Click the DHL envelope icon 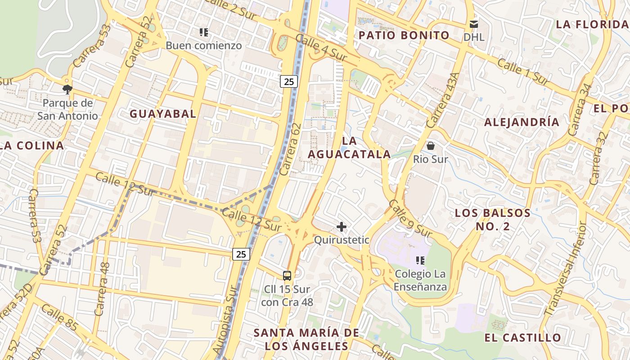(x=474, y=24)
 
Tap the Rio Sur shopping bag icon (x=431, y=146)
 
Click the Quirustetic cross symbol (x=342, y=226)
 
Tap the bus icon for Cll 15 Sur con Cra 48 (x=287, y=275)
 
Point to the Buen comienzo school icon (x=204, y=32)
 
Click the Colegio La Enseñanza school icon (x=420, y=260)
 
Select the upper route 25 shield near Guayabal (x=289, y=81)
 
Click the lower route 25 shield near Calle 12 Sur (x=241, y=254)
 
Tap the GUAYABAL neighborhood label (x=163, y=114)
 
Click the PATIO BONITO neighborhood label (x=404, y=36)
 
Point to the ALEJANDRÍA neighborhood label (x=522, y=122)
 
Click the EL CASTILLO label (x=523, y=337)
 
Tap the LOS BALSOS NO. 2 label (x=493, y=219)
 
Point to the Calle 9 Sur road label (x=410, y=219)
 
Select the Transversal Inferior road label (x=566, y=269)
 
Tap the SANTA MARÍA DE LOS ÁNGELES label (x=306, y=339)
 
